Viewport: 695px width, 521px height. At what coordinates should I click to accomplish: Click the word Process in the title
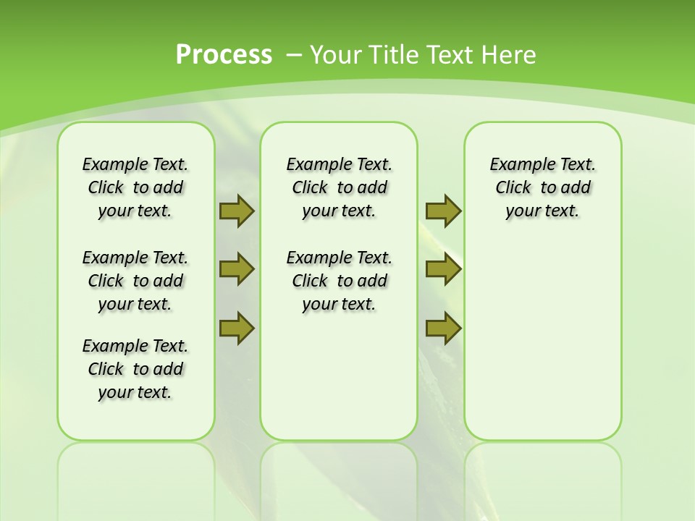point(224,54)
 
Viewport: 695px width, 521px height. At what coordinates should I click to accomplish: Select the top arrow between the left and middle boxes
point(237,211)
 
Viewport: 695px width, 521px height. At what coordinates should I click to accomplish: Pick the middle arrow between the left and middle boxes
point(237,270)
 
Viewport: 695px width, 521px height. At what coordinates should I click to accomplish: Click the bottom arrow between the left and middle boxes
point(237,328)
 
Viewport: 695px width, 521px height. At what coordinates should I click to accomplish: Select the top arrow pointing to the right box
point(443,211)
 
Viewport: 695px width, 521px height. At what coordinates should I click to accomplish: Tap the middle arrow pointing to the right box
point(443,270)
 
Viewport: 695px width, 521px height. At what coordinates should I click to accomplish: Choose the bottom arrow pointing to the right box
point(443,328)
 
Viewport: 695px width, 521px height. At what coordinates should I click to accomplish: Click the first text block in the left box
point(135,187)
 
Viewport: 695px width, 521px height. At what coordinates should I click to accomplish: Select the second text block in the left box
point(135,281)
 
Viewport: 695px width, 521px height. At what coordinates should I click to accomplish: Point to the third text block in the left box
point(135,369)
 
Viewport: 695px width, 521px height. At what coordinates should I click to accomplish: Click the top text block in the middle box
point(339,187)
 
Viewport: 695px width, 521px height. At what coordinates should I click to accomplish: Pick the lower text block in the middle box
point(339,281)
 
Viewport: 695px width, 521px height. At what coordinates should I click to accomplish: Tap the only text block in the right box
point(542,187)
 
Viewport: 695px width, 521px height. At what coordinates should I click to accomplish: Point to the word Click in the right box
point(513,187)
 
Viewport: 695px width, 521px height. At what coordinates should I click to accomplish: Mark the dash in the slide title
point(295,54)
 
